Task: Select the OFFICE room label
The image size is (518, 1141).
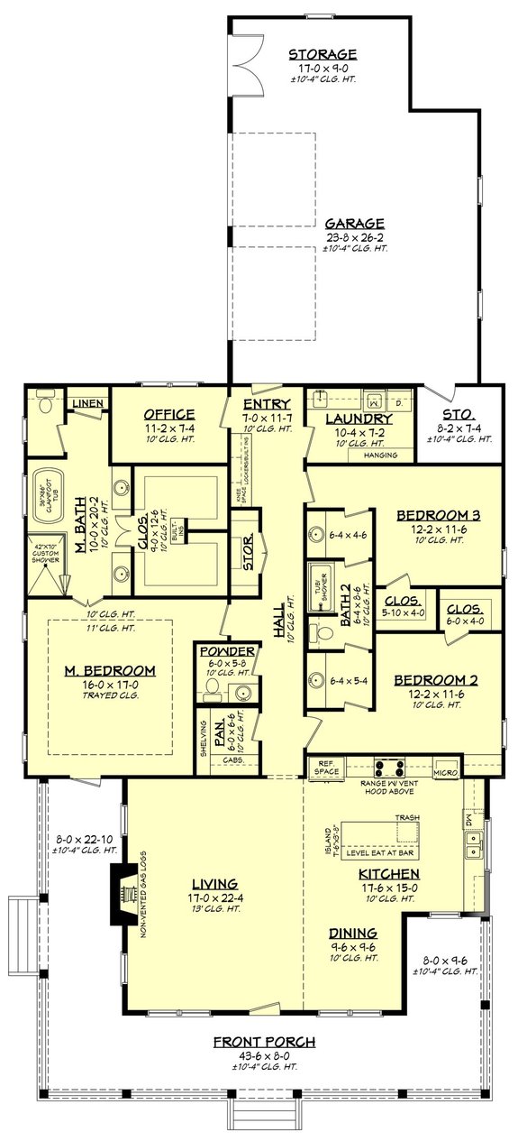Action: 170,414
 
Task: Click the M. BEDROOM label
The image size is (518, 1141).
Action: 110,670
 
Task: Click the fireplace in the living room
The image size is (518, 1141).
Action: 121,894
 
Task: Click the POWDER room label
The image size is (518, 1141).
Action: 225,651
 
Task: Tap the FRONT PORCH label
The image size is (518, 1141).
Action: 264,1042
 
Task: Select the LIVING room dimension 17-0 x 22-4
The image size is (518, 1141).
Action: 214,898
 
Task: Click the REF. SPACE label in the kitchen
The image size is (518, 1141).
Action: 324,768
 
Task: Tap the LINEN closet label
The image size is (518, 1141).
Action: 87,402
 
